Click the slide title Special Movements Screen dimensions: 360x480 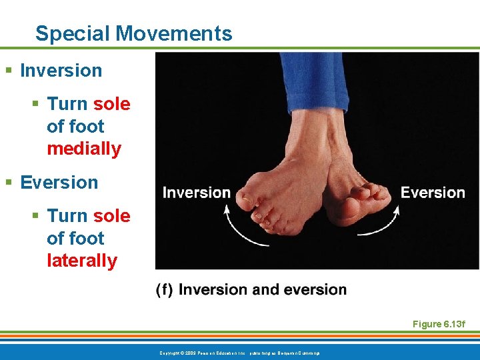coord(133,33)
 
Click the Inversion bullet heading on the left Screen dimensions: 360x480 coord(61,71)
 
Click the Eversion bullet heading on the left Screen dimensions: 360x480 coord(59,183)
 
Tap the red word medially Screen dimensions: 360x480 coord(84,149)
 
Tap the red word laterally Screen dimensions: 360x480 coord(82,261)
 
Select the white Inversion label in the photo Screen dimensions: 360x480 coord(197,193)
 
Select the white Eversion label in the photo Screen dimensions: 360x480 coord(433,193)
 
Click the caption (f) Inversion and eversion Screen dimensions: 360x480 coord(251,289)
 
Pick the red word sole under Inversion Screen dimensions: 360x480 coord(111,104)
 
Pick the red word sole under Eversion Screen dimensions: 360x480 coord(111,216)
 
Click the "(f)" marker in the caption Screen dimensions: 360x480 coord(165,289)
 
